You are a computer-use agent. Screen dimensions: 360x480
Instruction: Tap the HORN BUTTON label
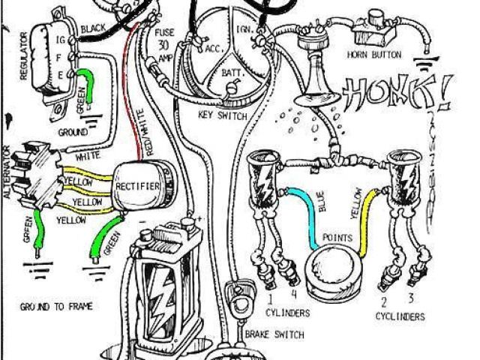(373, 55)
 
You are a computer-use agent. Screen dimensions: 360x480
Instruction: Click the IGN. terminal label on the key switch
(244, 28)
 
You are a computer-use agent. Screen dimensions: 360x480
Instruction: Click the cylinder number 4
(293, 294)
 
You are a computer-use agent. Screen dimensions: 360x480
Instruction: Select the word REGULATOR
(24, 52)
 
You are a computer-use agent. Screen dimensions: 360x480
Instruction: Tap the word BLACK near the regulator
(94, 28)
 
